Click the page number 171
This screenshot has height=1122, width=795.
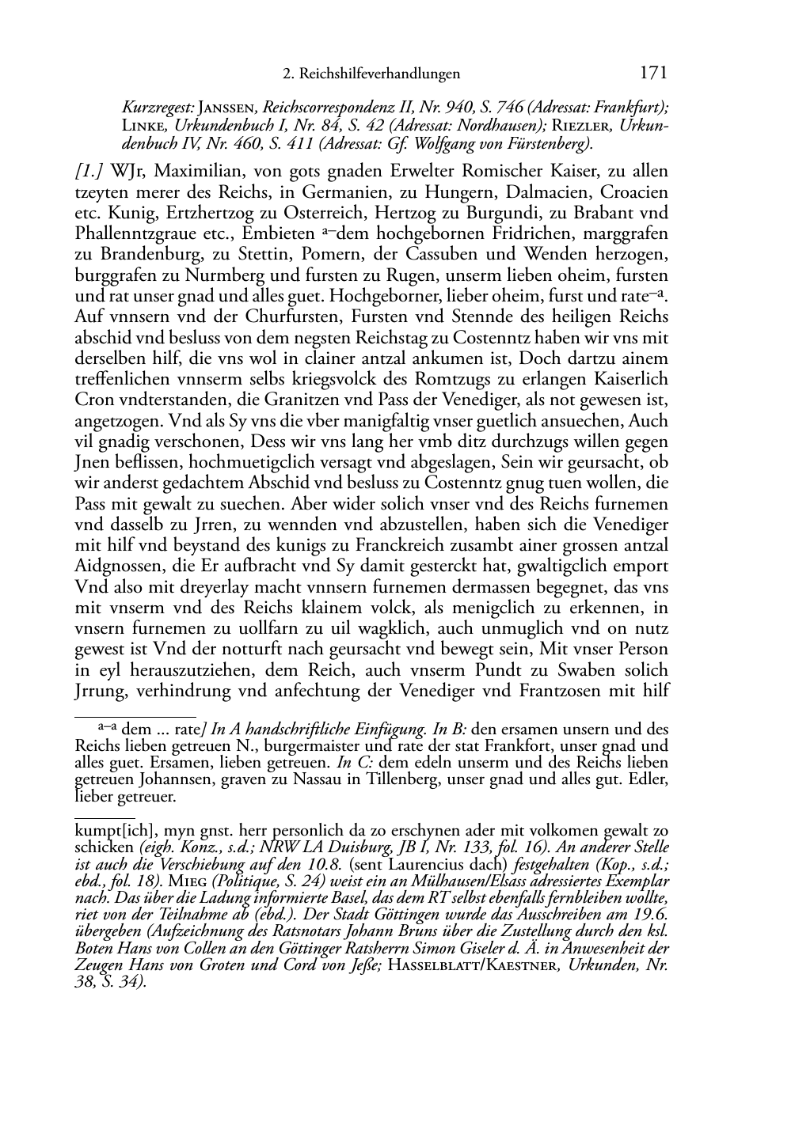coord(652,74)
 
